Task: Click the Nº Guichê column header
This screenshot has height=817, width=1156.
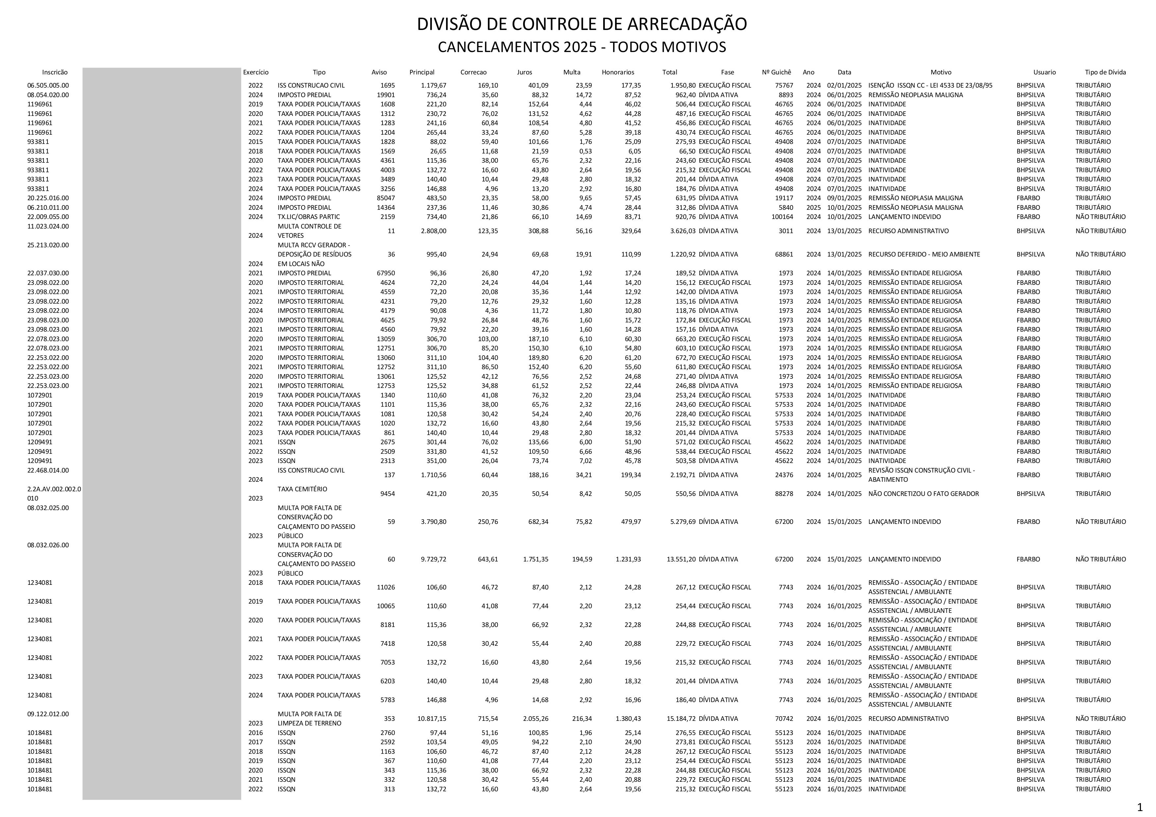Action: [x=776, y=72]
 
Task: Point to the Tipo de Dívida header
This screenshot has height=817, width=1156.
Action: [x=1105, y=72]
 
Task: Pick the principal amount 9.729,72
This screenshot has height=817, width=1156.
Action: [x=434, y=559]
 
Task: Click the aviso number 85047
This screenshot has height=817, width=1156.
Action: [x=386, y=198]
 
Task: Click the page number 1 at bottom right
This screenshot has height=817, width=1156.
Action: [x=1140, y=808]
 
